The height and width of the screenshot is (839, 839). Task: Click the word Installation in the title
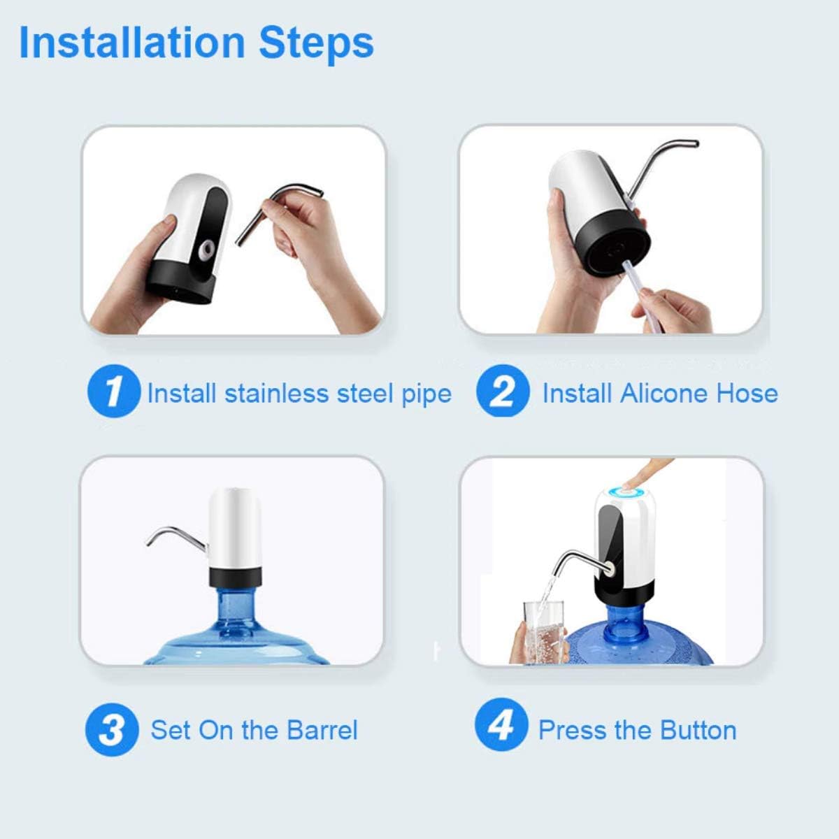(x=132, y=43)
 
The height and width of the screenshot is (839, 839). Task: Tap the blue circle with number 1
(x=114, y=391)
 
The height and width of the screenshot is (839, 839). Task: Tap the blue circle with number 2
(x=503, y=391)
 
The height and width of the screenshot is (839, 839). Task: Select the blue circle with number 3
(x=112, y=730)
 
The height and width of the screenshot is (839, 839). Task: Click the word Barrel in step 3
(x=322, y=730)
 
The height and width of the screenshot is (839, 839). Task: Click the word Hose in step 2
(x=747, y=393)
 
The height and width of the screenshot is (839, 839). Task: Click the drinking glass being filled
(x=543, y=632)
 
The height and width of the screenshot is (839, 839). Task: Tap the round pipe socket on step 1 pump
(x=206, y=250)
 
